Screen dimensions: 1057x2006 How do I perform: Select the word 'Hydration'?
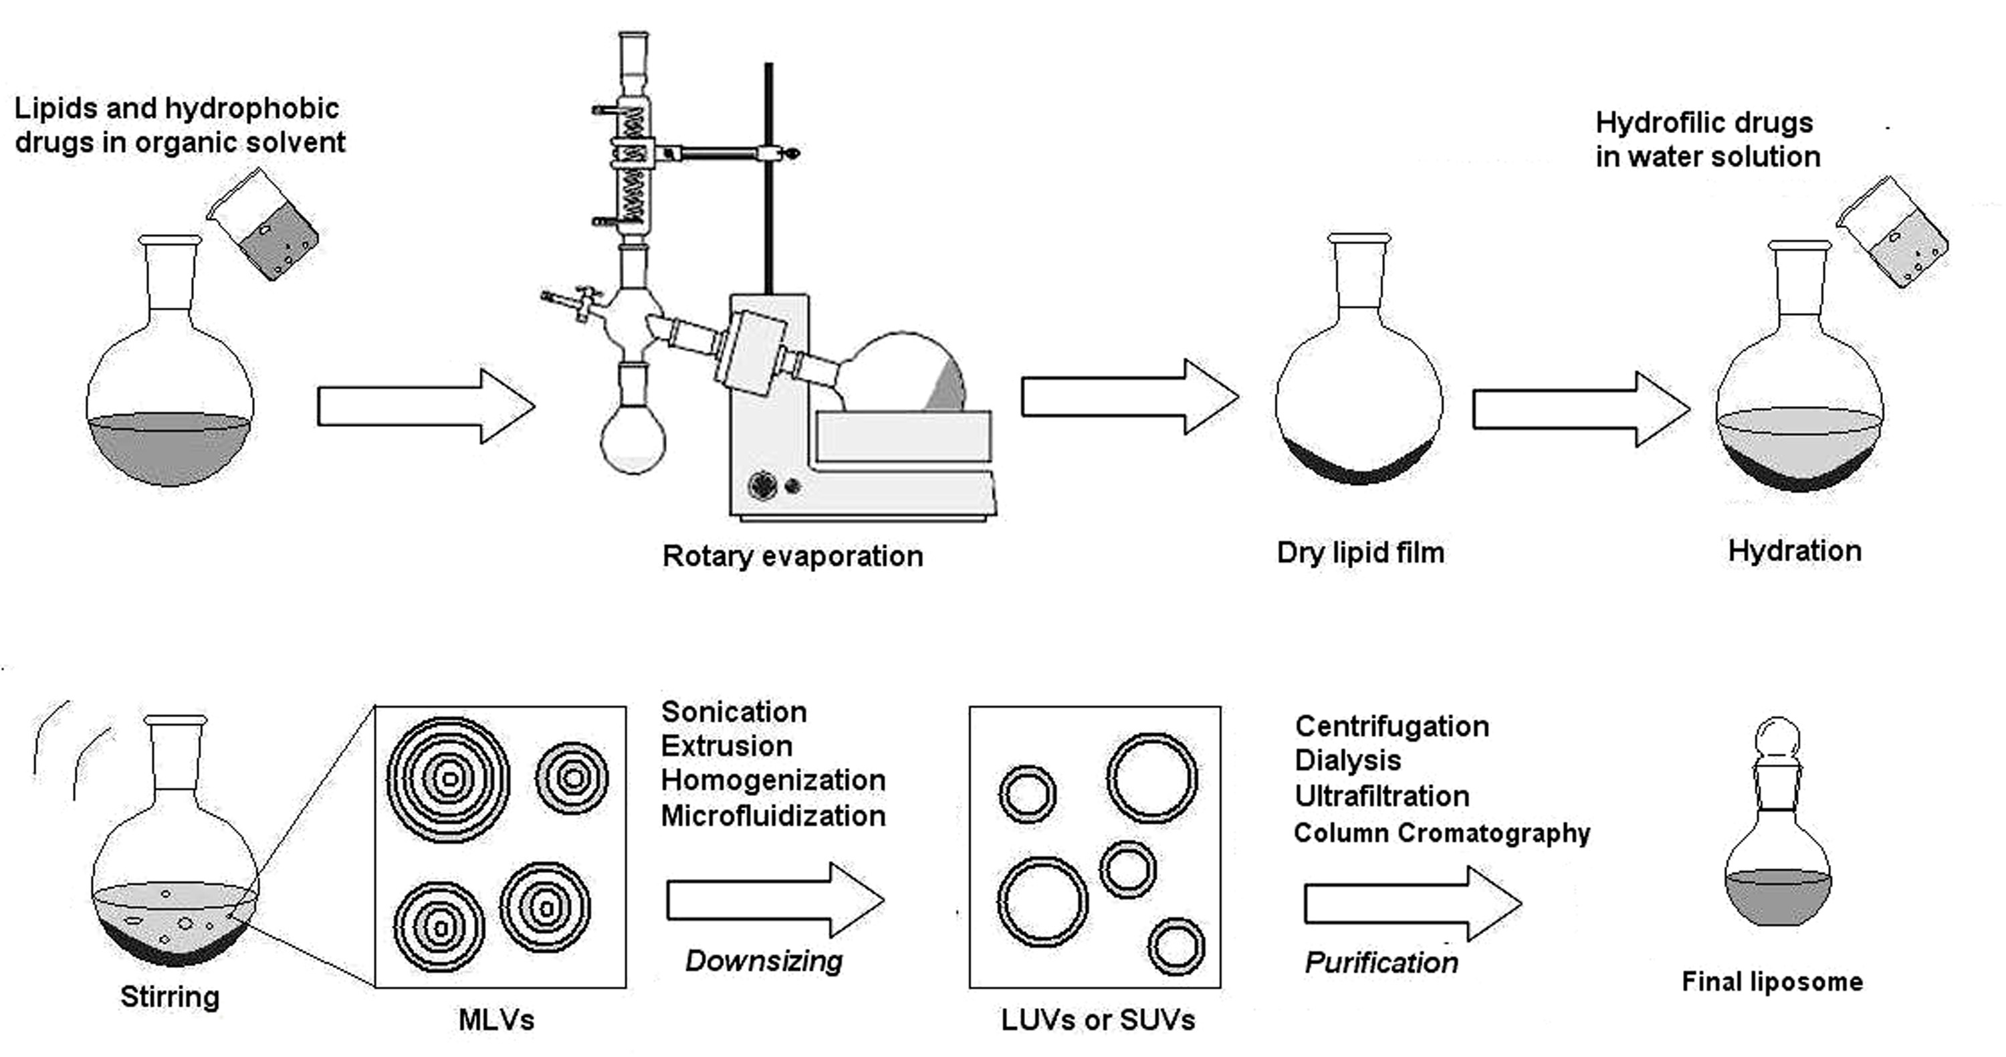coord(1794,551)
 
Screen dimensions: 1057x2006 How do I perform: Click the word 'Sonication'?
coord(734,711)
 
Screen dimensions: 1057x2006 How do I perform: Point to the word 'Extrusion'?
coord(727,745)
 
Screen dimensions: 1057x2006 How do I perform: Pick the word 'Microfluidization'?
coord(773,815)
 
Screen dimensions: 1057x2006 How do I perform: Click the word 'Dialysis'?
coord(1348,760)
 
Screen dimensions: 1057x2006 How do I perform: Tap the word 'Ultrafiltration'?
coord(1382,796)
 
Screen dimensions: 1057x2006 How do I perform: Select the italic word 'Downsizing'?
coord(764,961)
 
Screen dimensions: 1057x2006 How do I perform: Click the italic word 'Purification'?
coord(1381,963)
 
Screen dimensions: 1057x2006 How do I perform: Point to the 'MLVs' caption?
coord(496,1020)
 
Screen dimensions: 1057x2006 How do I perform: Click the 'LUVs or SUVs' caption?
coord(1098,1020)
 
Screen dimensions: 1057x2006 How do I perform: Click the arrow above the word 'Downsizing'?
coord(775,900)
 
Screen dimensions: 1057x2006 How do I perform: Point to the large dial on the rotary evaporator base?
coord(762,485)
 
